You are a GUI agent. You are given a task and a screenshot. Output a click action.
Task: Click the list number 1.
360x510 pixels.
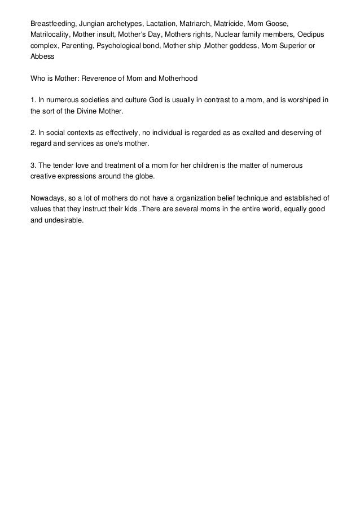tap(33, 101)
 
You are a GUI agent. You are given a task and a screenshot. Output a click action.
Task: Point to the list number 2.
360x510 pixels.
tap(33, 133)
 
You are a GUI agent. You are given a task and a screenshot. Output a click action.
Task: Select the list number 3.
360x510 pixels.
tap(33, 165)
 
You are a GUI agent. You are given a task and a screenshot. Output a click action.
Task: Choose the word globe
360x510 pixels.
tap(143, 177)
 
